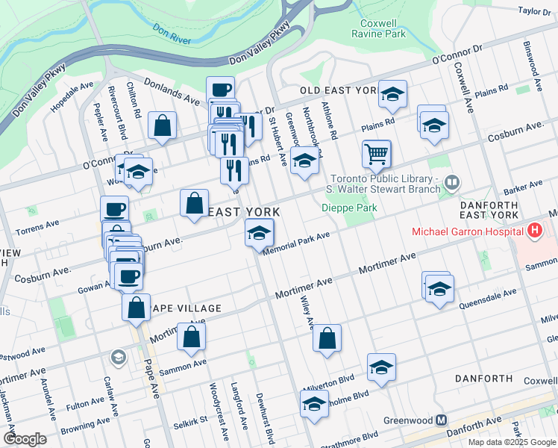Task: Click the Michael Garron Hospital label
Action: pos(468,231)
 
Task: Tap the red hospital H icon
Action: pos(533,231)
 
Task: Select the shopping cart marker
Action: pos(377,154)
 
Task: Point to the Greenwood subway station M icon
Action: pos(442,420)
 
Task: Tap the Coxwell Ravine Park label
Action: pos(378,28)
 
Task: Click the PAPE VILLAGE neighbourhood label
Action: pos(186,308)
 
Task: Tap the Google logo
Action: pos(25,439)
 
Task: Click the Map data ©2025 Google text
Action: pos(512,442)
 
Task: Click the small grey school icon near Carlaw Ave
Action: pos(117,358)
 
